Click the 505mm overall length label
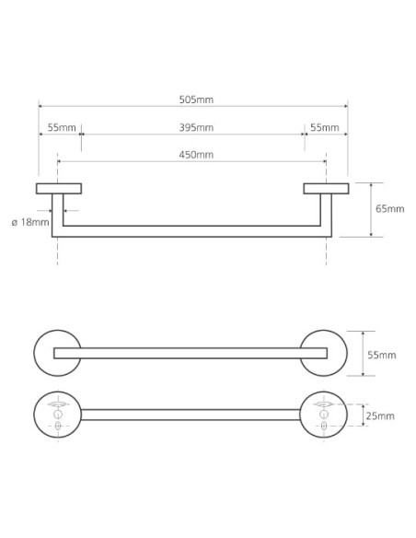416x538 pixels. (x=196, y=99)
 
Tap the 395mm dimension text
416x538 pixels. (x=196, y=128)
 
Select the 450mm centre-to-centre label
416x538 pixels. (x=196, y=155)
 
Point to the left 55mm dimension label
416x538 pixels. (x=62, y=128)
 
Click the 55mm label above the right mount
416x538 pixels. (x=325, y=128)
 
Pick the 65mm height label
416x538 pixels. (x=390, y=208)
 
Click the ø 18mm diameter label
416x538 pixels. (x=30, y=222)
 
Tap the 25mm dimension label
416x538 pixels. (x=380, y=415)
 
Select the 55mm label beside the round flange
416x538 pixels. (x=382, y=355)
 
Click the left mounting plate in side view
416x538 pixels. (x=59, y=189)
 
